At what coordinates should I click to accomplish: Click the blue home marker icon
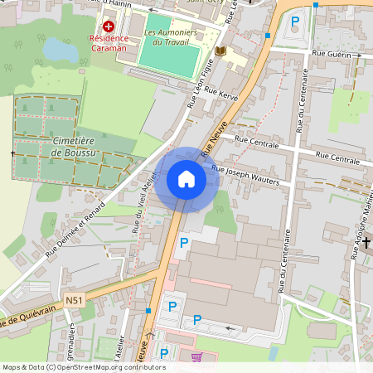(186, 179)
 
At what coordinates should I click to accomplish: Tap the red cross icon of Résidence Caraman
(109, 27)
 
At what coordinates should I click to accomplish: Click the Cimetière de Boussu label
(72, 148)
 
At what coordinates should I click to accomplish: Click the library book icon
(220, 51)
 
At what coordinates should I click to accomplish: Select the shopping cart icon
(196, 358)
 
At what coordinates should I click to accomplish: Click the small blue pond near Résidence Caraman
(59, 49)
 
